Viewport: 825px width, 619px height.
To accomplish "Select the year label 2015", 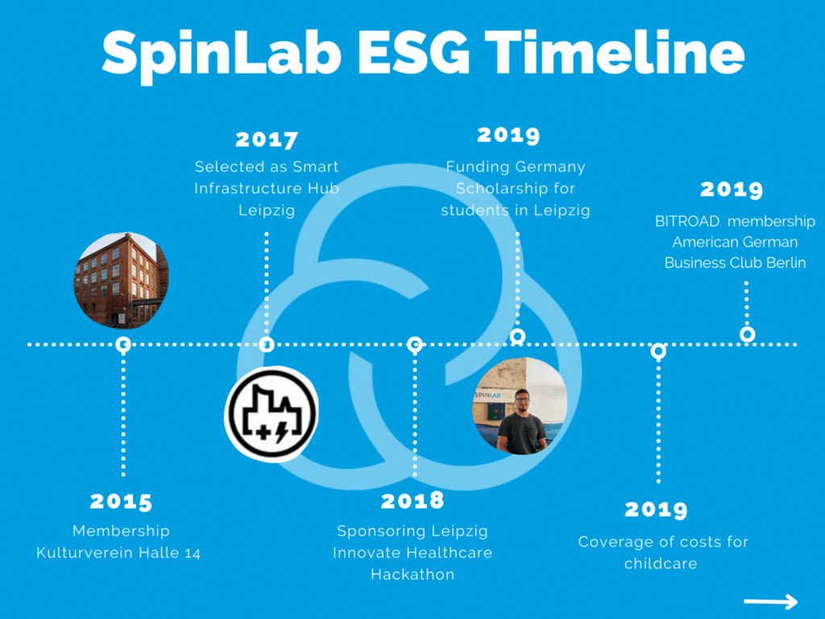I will tap(121, 501).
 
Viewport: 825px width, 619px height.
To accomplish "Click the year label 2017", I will tap(267, 139).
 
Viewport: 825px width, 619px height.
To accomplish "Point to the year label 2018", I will tap(412, 501).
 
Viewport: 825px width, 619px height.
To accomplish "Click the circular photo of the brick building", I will tap(121, 280).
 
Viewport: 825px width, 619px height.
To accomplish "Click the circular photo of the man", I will tap(520, 405).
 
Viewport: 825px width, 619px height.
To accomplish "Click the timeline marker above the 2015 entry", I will tap(123, 345).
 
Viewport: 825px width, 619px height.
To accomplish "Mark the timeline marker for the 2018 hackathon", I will tap(415, 345).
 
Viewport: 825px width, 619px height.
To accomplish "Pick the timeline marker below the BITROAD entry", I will tap(748, 334).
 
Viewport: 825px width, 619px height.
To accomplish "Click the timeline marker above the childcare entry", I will tap(658, 351).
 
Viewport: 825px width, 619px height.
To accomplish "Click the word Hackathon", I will tap(412, 574).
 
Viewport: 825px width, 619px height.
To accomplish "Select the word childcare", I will tap(660, 563).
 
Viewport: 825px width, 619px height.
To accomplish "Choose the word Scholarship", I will tap(515, 189).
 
